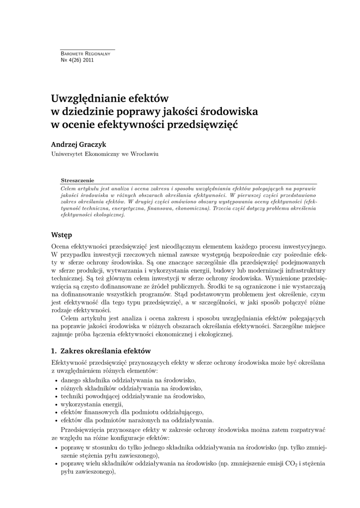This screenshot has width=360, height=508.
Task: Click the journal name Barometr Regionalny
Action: (x=81, y=54)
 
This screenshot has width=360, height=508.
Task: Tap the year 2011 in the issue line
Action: (x=88, y=60)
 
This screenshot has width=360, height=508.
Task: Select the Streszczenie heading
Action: (x=77, y=181)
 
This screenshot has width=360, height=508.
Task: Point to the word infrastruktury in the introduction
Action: (x=305, y=270)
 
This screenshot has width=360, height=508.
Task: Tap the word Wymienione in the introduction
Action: (x=271, y=278)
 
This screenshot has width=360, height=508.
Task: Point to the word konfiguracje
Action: (x=127, y=439)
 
